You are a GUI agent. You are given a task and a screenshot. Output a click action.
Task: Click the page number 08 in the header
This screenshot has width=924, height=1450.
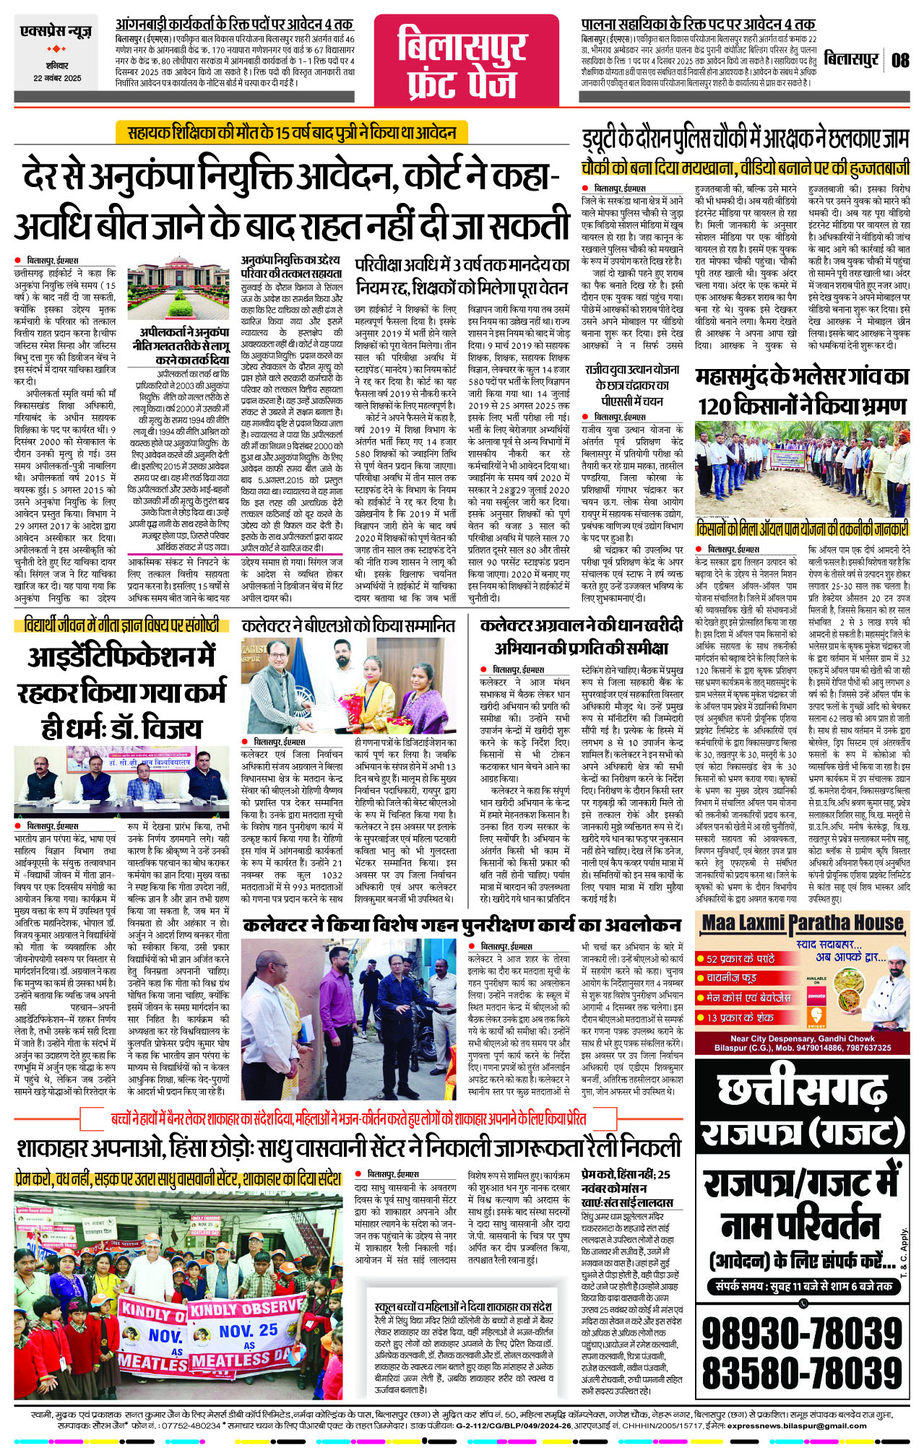[899, 60]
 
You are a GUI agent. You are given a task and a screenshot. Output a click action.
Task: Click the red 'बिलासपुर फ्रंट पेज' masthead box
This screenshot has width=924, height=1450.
[462, 63]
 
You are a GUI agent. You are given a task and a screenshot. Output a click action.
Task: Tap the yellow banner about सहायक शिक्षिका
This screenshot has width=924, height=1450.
[292, 133]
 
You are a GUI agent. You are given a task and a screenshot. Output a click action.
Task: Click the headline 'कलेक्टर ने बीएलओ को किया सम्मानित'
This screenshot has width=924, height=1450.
[349, 626]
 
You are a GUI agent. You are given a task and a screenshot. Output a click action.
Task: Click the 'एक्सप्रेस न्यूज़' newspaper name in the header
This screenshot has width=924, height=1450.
[56, 32]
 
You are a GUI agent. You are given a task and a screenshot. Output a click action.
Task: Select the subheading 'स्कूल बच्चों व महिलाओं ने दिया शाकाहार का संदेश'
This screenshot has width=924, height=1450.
[463, 1307]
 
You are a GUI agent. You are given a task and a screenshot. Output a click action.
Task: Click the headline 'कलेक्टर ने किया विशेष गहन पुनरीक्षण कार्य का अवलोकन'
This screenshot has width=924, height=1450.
[462, 925]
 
